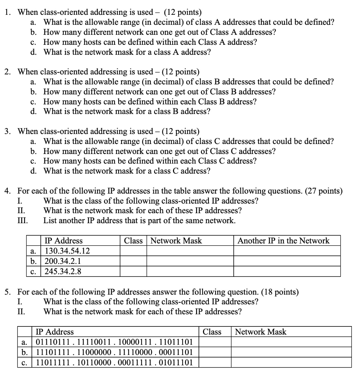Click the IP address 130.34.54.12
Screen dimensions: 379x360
pos(67,251)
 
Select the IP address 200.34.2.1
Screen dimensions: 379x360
pos(63,261)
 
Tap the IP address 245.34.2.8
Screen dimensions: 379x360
pos(63,272)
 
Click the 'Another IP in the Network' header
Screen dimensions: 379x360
pos(283,241)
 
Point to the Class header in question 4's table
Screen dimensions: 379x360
pos(133,241)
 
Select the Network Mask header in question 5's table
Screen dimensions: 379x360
pos(261,332)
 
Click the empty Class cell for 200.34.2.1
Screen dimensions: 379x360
pos(133,261)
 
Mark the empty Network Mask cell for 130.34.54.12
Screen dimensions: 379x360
pos(190,251)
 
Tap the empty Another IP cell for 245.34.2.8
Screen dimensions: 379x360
pos(287,272)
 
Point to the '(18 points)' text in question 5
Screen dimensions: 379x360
pos(280,292)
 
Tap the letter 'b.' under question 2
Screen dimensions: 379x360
pos(34,91)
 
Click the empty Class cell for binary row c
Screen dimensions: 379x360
pos(214,362)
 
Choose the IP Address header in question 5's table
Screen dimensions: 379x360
pos(54,332)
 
